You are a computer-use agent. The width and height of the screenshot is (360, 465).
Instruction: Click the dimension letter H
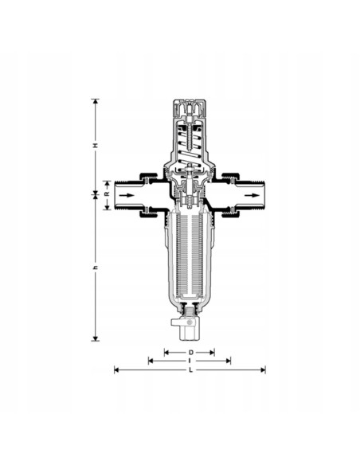pyautogui.click(x=96, y=146)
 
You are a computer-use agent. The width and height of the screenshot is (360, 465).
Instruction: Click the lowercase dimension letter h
pyautogui.click(x=96, y=268)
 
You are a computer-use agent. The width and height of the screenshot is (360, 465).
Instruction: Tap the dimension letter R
pyautogui.click(x=107, y=194)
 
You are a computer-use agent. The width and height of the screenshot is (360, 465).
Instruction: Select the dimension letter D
pyautogui.click(x=191, y=352)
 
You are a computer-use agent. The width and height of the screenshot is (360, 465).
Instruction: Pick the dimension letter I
pyautogui.click(x=190, y=361)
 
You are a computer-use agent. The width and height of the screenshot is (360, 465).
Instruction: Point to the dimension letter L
pyautogui.click(x=191, y=369)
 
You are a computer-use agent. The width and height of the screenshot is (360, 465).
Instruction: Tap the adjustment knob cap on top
pyautogui.click(x=190, y=108)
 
